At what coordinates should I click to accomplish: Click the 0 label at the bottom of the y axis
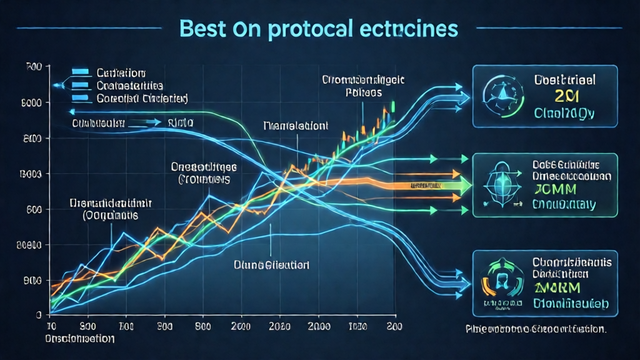[x=39, y=314]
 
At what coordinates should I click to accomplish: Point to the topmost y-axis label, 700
[x=34, y=66]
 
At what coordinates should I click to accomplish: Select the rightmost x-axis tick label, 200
[x=394, y=327]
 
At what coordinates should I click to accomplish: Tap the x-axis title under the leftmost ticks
[x=79, y=339]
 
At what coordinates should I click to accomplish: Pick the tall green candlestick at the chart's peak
[x=393, y=107]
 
